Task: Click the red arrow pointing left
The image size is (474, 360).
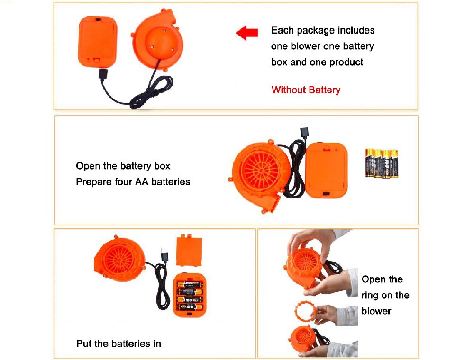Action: (x=247, y=33)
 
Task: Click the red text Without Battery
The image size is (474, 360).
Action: (x=306, y=90)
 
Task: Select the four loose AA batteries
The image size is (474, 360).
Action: (x=382, y=163)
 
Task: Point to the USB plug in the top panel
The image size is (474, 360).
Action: (x=103, y=74)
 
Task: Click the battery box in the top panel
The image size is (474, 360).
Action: (x=97, y=42)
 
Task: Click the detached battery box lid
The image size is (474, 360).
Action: (x=189, y=251)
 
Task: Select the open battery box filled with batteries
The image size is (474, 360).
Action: (x=190, y=295)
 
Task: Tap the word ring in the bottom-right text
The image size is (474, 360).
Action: (x=369, y=296)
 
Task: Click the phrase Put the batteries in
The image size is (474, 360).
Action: (x=118, y=343)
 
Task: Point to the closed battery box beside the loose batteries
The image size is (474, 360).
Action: (x=327, y=171)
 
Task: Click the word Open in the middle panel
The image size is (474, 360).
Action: (x=88, y=166)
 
